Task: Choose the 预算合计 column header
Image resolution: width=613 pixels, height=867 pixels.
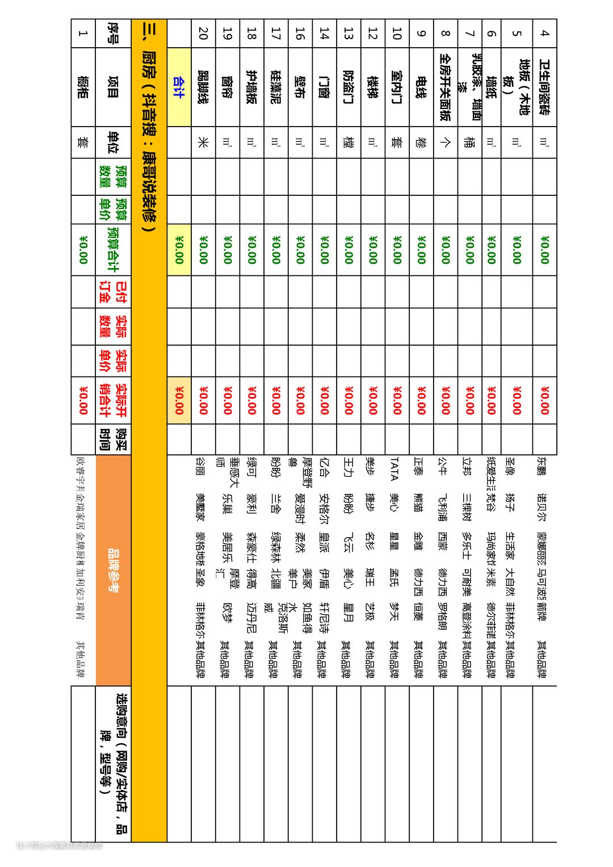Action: [x=114, y=250]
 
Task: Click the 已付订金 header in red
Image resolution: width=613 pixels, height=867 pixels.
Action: [x=114, y=292]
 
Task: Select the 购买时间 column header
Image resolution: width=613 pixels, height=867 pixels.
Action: [x=114, y=439]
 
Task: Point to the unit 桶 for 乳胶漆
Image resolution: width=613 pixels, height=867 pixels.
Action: [x=469, y=143]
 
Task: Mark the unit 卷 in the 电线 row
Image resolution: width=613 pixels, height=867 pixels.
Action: [x=421, y=143]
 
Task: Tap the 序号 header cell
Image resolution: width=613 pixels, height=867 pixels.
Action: [x=114, y=33]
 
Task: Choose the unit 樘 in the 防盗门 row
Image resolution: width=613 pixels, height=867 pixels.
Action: [x=348, y=143]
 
